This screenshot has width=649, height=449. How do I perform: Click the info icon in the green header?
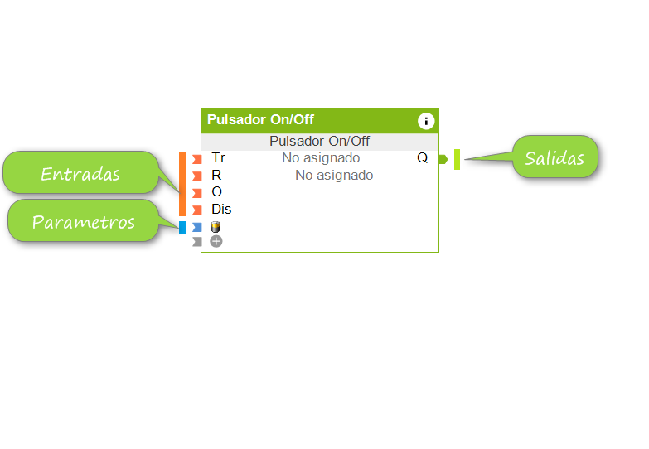[x=426, y=121]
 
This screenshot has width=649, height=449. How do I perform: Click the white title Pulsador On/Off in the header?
[x=260, y=120]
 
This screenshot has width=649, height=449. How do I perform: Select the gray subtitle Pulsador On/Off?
[x=319, y=142]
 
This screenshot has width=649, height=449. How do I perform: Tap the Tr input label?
[x=218, y=157]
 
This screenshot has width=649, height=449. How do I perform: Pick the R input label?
[x=216, y=175]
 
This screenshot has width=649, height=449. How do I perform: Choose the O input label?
[x=216, y=191]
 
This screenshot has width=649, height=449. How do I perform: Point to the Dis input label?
[x=221, y=209]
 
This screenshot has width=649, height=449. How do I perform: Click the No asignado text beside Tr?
[x=321, y=157]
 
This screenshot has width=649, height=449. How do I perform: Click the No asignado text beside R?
[x=334, y=175]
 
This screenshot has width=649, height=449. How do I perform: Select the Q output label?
[x=423, y=157]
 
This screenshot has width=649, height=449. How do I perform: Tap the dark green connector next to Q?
[x=443, y=158]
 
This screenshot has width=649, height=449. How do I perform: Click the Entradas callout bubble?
[x=80, y=174]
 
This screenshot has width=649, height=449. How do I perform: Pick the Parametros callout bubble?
[x=83, y=222]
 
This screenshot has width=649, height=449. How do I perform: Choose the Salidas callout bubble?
[x=555, y=157]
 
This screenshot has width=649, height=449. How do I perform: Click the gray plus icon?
[x=216, y=241]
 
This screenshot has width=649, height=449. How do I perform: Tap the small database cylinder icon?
[x=216, y=227]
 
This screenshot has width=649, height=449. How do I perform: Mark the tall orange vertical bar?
[x=183, y=184]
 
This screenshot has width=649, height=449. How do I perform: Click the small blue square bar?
[x=183, y=228]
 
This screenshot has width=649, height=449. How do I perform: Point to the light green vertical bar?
[x=457, y=159]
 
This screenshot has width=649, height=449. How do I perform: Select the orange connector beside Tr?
[x=196, y=158]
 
